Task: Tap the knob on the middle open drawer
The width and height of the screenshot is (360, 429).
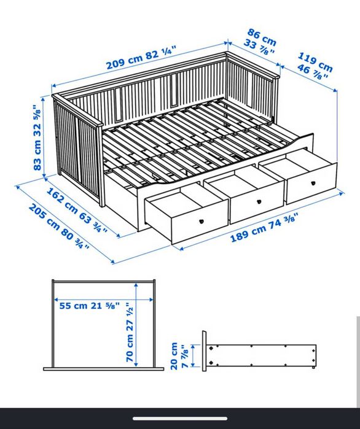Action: [x=259, y=202]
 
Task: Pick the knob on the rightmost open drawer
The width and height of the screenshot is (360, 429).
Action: [x=313, y=183]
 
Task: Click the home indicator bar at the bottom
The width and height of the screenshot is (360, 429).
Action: [x=180, y=419]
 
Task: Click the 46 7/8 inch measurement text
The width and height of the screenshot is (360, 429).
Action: [x=312, y=71]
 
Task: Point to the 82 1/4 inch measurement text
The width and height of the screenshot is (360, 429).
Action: [x=160, y=53]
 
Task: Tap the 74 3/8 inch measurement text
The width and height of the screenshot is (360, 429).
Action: [x=283, y=221]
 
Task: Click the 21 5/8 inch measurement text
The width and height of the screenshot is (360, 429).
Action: [x=105, y=306]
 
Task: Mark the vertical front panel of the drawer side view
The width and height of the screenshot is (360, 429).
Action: [x=204, y=351]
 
